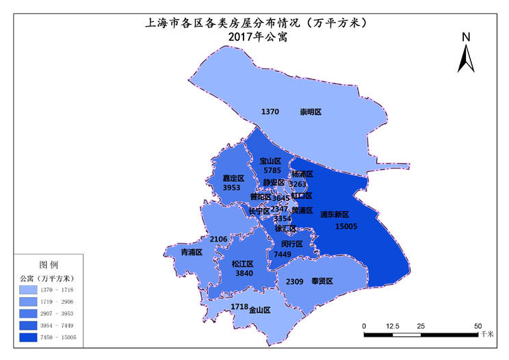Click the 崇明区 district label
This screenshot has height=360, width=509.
(x=311, y=112)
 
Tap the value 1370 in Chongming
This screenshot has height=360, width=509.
(x=270, y=112)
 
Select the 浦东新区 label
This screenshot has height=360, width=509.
(x=335, y=214)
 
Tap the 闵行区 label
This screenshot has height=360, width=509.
(x=291, y=244)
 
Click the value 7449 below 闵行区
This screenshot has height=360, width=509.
(x=283, y=254)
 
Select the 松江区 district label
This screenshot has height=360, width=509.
(x=242, y=263)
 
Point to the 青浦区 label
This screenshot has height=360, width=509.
(x=192, y=253)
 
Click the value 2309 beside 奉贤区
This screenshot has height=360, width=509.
(x=294, y=282)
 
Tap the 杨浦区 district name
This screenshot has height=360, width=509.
(x=302, y=175)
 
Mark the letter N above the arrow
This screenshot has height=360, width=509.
(x=466, y=37)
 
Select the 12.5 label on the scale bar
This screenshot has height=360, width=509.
(x=392, y=326)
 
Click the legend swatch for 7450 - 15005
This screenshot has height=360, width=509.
(x=30, y=337)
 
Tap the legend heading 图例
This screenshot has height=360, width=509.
(x=49, y=264)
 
